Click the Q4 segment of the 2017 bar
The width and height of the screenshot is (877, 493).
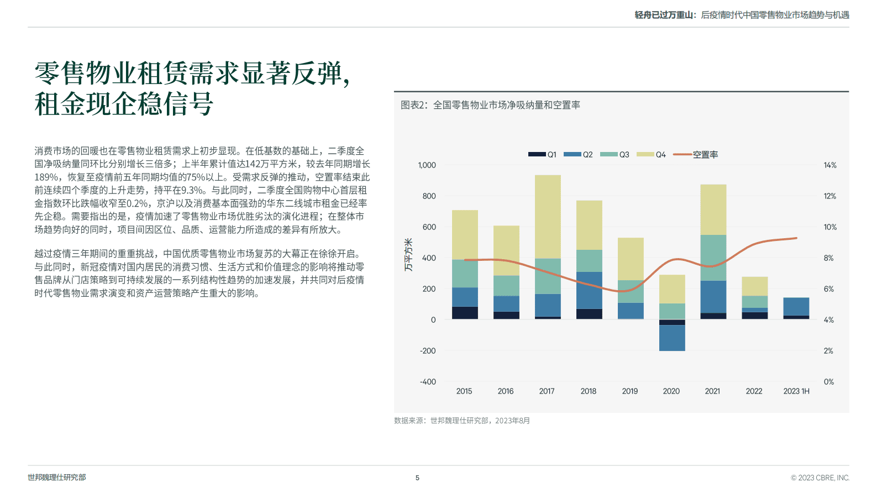click(548, 217)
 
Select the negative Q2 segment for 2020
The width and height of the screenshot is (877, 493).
click(672, 338)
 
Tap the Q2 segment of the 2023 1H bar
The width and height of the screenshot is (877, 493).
click(796, 307)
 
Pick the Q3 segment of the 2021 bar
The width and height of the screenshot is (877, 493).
click(713, 258)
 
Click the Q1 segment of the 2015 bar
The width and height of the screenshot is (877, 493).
click(465, 313)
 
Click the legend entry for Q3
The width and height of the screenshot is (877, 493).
click(615, 155)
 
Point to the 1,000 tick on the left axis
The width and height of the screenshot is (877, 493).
click(427, 165)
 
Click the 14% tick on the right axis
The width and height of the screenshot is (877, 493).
click(829, 165)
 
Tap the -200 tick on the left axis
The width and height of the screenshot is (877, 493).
click(428, 351)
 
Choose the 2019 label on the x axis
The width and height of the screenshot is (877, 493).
click(629, 391)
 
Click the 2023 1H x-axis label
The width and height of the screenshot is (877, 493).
click(796, 391)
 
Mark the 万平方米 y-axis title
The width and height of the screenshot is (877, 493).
click(408, 255)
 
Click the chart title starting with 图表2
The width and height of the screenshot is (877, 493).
click(490, 105)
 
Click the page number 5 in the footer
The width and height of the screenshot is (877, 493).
click(417, 478)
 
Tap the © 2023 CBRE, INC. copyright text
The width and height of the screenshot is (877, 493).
click(820, 478)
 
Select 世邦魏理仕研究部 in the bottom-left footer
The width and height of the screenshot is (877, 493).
click(57, 478)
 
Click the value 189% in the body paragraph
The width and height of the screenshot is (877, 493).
click(46, 177)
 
